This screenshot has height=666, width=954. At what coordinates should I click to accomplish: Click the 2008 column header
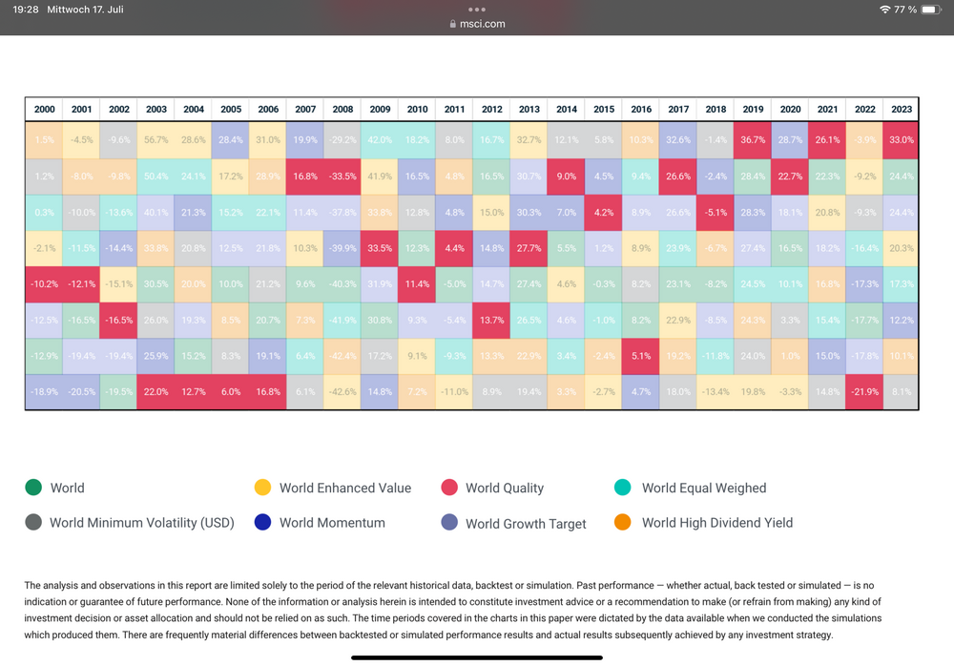[342, 109]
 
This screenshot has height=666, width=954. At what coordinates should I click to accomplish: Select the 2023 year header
[902, 109]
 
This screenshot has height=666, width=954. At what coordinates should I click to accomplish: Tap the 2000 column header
[44, 109]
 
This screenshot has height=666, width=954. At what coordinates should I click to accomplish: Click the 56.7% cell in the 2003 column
[156, 139]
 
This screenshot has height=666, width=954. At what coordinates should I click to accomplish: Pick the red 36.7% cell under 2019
[753, 139]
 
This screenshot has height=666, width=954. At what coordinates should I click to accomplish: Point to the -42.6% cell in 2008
[342, 391]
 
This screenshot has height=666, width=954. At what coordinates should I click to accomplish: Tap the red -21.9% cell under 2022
[864, 391]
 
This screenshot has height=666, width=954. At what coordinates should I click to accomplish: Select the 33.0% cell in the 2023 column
[902, 139]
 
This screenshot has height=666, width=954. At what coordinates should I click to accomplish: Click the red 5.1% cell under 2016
[641, 356]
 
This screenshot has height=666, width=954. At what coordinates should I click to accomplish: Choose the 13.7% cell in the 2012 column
[492, 320]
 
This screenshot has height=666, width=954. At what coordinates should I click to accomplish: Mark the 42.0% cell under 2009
[380, 139]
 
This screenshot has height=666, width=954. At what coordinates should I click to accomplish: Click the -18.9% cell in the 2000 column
[44, 391]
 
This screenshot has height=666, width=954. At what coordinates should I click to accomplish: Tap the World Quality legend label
[504, 488]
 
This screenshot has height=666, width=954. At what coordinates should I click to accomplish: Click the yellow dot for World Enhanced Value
[262, 488]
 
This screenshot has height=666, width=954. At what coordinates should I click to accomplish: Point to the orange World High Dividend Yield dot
[624, 522]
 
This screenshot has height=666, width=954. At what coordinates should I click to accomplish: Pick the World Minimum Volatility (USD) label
[141, 523]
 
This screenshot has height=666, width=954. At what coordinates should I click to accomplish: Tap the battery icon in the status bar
[931, 10]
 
